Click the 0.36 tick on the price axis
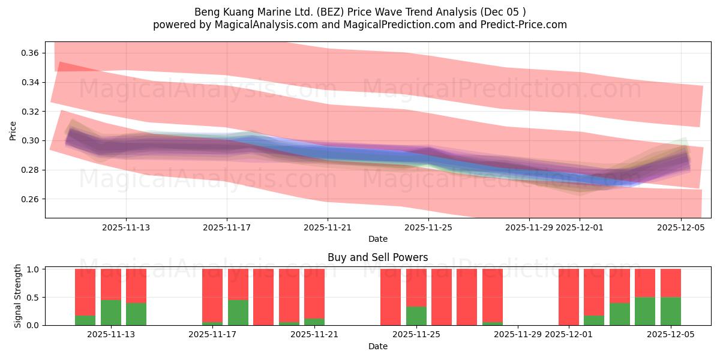click(x=31, y=53)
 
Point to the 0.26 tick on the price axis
click(x=31, y=199)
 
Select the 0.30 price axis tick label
click(x=31, y=141)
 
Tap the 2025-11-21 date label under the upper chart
click(x=328, y=227)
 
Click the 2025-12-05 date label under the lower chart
click(x=671, y=335)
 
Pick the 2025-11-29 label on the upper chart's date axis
click(x=529, y=227)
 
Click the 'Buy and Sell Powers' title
click(x=377, y=257)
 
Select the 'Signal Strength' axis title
click(x=18, y=296)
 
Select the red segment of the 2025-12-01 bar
click(x=569, y=296)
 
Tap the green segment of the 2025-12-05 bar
click(x=671, y=311)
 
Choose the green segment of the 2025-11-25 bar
click(x=416, y=316)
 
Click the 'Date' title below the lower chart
click(x=377, y=346)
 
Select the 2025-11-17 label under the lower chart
click(x=212, y=335)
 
